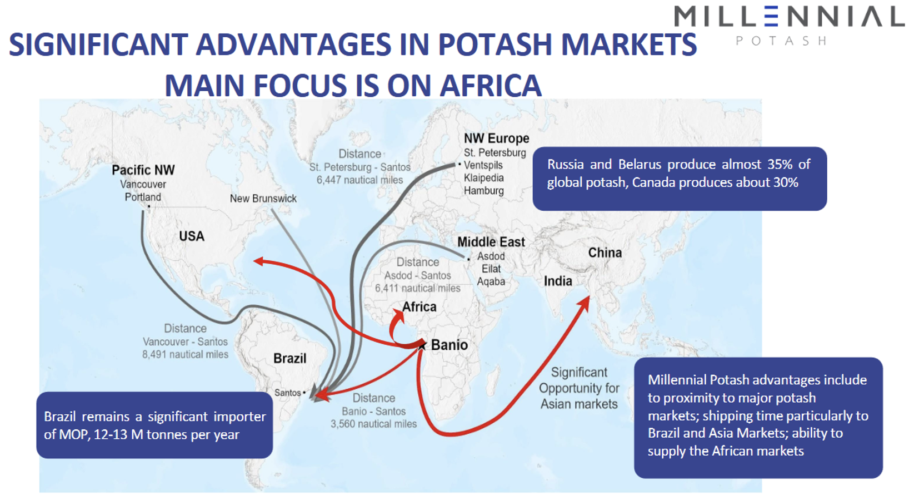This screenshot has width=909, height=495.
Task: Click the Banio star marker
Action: [x=422, y=345]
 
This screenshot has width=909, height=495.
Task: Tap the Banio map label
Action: [x=449, y=345]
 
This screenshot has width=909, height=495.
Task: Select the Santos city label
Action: [x=287, y=393]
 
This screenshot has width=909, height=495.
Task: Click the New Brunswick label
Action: [x=263, y=199]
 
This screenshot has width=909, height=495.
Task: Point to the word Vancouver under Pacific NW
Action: [x=143, y=184]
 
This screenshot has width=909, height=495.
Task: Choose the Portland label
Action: [x=143, y=197]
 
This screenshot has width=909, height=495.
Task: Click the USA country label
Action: [x=192, y=236]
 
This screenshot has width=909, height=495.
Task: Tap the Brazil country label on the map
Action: [x=289, y=358]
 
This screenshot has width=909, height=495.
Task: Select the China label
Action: [x=605, y=253]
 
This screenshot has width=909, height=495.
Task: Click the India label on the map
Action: [x=558, y=281]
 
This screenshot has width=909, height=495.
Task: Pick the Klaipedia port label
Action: [x=484, y=178]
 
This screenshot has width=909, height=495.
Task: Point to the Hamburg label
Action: [x=484, y=190]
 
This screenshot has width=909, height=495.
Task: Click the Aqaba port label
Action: [x=491, y=281]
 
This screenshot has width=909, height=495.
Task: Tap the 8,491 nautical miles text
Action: [x=185, y=354]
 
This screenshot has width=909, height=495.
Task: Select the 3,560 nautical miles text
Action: [x=373, y=424]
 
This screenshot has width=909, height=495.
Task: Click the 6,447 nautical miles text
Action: [x=359, y=180]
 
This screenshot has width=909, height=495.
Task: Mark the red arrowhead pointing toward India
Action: [x=584, y=303]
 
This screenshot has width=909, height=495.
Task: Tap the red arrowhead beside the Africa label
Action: [x=398, y=315]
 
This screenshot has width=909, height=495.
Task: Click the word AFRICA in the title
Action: [x=491, y=86]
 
